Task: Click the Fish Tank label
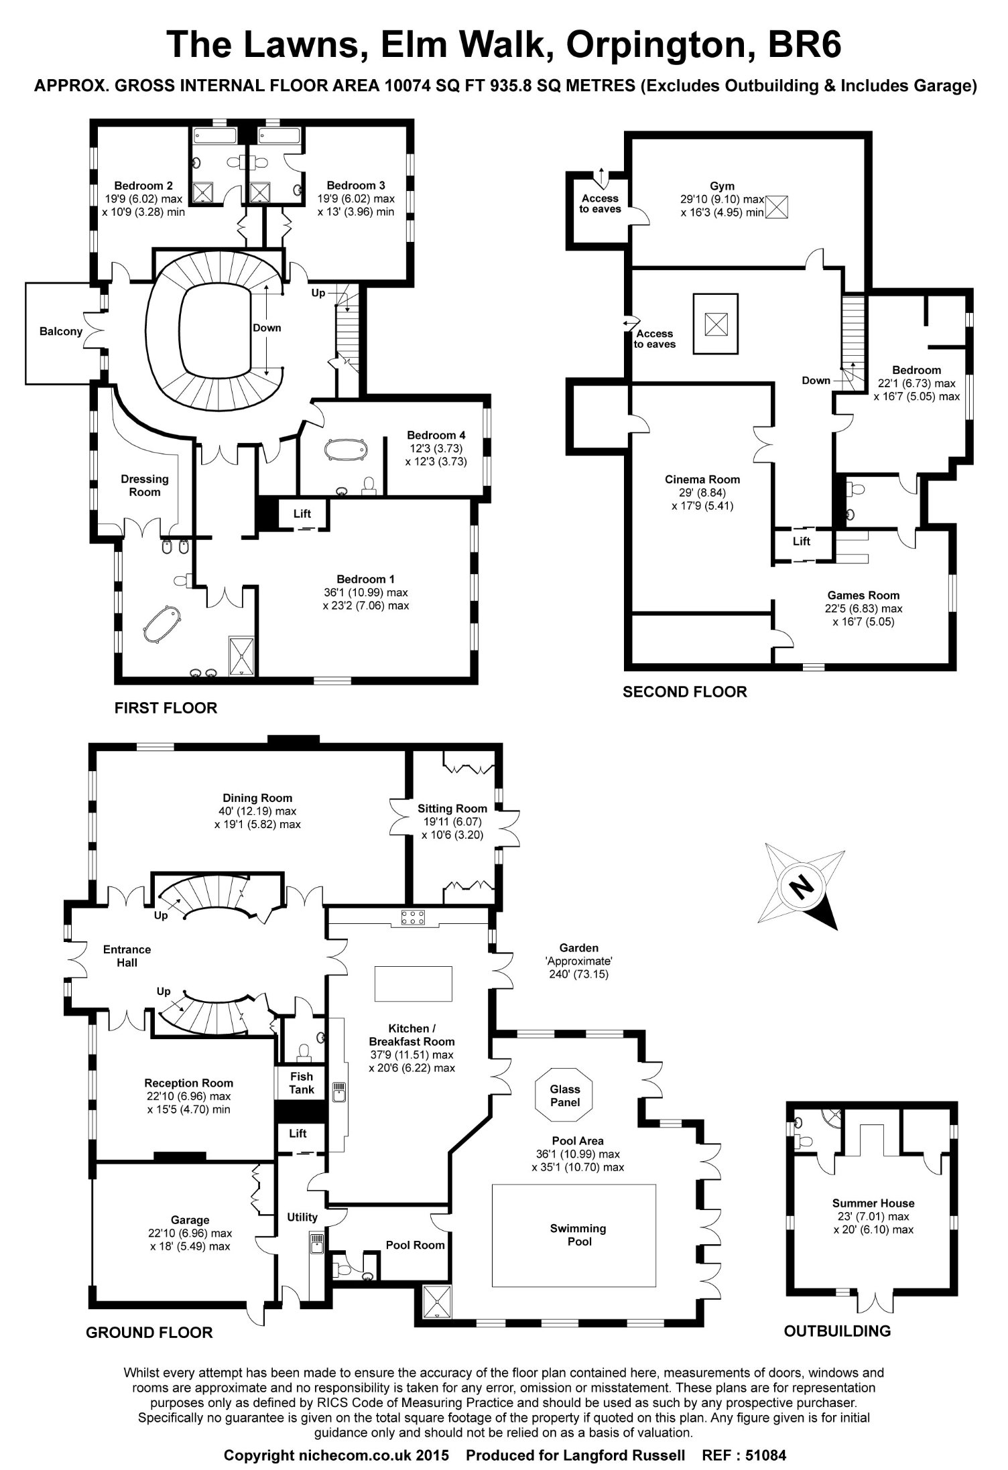tap(302, 1083)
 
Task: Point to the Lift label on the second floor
tap(802, 541)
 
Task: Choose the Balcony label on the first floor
tap(60, 331)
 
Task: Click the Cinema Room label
tap(702, 479)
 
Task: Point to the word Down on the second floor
tap(816, 380)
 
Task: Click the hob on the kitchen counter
tap(410, 918)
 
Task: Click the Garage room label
tap(190, 1220)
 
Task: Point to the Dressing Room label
tap(145, 485)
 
